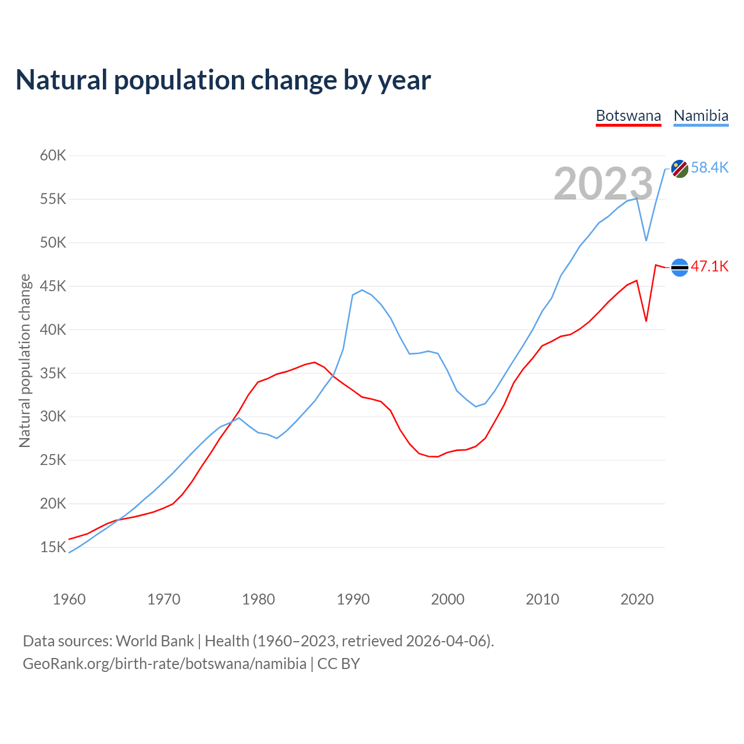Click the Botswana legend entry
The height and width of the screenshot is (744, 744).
628,116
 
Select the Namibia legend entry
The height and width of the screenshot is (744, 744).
701,116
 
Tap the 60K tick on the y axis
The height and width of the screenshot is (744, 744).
53,155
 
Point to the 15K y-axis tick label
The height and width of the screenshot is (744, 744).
53,547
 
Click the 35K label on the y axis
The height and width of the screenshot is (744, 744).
53,373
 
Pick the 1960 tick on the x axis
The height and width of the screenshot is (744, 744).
69,599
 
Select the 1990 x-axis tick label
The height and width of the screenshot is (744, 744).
353,599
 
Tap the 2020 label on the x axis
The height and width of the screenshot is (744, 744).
637,599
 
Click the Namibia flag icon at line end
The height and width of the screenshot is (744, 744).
680,169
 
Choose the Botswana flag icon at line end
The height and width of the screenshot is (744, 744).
680,267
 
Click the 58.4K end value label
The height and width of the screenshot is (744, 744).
710,168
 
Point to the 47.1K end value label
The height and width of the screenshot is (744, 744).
710,267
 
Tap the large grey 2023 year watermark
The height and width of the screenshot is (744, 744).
603,184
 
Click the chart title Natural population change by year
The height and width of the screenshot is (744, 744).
223,80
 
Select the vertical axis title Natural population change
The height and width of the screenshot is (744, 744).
24,360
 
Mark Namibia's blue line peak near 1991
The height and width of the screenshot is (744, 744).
362,290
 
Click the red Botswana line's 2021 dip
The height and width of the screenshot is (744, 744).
646,321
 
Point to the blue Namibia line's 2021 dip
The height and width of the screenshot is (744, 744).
646,240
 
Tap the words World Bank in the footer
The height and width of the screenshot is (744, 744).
155,641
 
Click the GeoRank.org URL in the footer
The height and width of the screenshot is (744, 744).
164,663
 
